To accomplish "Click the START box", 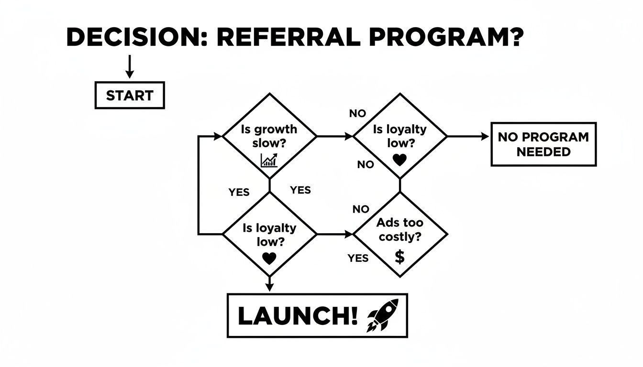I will point(130,96).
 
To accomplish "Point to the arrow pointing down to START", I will point(129,67).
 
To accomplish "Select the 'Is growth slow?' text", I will point(269,136).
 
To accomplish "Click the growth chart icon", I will point(269,160).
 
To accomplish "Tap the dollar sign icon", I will point(400,257).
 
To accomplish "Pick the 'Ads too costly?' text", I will point(399,230).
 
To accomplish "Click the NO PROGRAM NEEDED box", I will point(543,144).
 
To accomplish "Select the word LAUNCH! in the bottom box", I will point(297,316).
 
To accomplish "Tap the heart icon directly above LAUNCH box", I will point(269,259).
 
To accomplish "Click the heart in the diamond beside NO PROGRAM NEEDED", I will point(399,160).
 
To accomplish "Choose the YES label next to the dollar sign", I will point(358,259).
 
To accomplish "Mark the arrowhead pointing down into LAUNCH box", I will point(269,287).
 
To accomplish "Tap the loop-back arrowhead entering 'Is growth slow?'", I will point(217,137).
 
